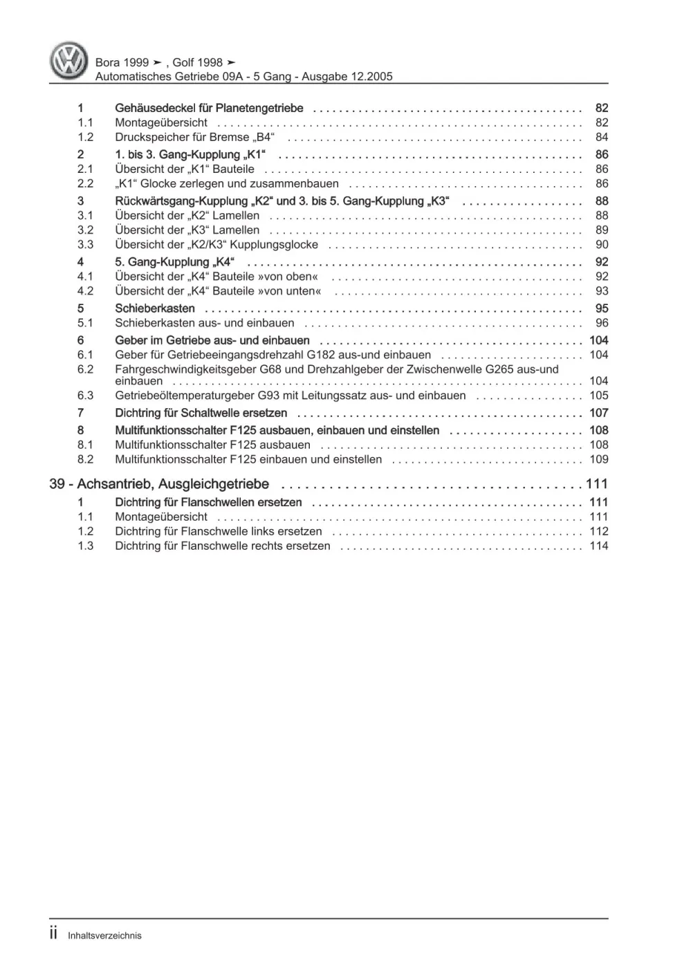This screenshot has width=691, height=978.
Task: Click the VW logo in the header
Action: (68, 61)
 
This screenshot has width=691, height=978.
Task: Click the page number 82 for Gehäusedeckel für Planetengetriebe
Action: (601, 108)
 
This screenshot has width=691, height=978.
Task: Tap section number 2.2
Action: (85, 183)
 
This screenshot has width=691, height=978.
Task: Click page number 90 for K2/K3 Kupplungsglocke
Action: (601, 244)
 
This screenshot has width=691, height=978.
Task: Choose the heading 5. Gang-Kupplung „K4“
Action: (174, 262)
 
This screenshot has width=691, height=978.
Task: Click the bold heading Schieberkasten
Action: (155, 308)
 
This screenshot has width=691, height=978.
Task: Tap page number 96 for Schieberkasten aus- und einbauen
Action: (601, 323)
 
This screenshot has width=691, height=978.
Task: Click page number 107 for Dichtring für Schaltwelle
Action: (598, 413)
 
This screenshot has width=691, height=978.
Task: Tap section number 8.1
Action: (85, 445)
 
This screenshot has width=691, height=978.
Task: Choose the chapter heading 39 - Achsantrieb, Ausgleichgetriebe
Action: (159, 484)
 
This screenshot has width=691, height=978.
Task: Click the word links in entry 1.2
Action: (263, 531)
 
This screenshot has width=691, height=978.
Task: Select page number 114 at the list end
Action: (598, 546)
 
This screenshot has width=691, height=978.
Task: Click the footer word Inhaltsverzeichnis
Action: (104, 936)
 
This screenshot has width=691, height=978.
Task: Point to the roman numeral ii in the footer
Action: (54, 934)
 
